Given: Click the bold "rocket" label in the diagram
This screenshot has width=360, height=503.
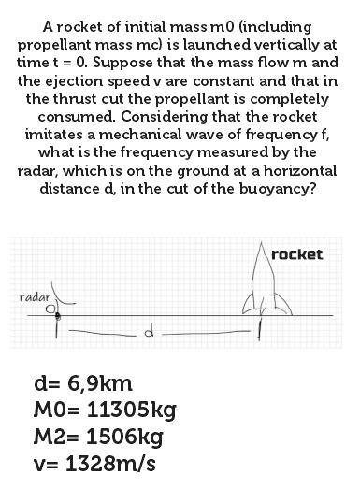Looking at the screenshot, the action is pyautogui.click(x=297, y=254).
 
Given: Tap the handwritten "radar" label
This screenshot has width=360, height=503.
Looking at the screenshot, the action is pyautogui.click(x=35, y=296).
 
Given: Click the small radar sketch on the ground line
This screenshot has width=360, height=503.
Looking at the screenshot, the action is pyautogui.click(x=58, y=306).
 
